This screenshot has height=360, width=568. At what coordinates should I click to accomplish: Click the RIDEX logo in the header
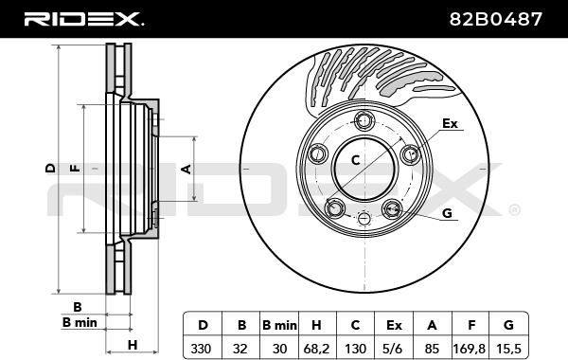pyautogui.click(x=83, y=19)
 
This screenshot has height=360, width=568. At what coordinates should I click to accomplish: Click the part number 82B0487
pyautogui.click(x=495, y=19)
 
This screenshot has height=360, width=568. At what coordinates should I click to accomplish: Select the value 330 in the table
pyautogui.click(x=201, y=349)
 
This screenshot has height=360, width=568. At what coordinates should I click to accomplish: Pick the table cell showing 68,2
pyautogui.click(x=316, y=349)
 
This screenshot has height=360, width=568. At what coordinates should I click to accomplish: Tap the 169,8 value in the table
pyautogui.click(x=470, y=349)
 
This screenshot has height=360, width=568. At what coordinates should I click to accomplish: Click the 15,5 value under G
pyautogui.click(x=508, y=349)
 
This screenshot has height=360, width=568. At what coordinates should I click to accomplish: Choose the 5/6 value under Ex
pyautogui.click(x=394, y=349)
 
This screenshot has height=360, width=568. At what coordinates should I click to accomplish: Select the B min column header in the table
pyautogui.click(x=279, y=325)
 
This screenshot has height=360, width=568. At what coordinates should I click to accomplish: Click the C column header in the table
pyautogui.click(x=355, y=325)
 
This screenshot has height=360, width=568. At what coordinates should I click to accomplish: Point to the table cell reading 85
pyautogui.click(x=432, y=349)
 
